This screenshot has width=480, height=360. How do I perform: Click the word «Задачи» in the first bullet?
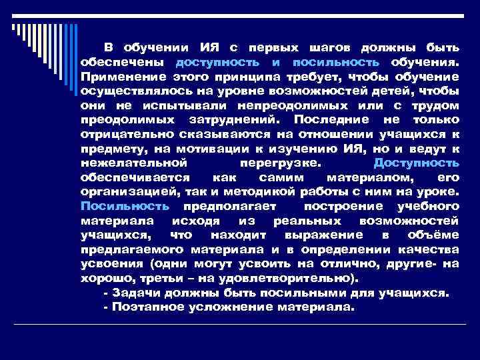(x=133, y=292)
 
